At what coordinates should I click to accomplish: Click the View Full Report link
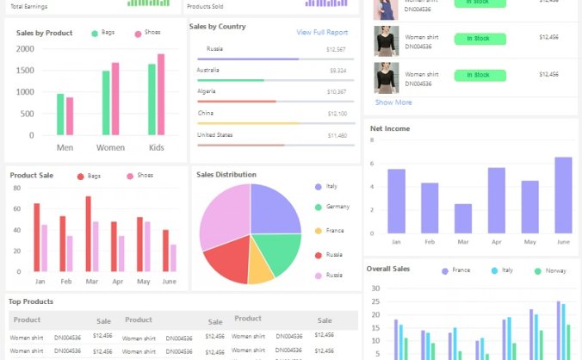click(x=322, y=33)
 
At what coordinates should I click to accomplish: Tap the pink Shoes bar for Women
click(x=115, y=98)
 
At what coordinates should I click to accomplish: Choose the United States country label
click(x=214, y=135)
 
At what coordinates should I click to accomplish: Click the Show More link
click(x=393, y=102)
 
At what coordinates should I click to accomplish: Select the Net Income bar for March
click(x=463, y=218)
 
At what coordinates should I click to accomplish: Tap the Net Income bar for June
click(x=563, y=195)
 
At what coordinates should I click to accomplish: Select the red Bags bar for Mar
click(x=88, y=233)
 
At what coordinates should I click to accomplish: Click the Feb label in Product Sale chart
click(x=65, y=282)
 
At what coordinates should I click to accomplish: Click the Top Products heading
click(x=31, y=301)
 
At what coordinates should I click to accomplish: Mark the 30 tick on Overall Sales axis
click(x=375, y=289)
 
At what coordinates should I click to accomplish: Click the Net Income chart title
click(x=390, y=128)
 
